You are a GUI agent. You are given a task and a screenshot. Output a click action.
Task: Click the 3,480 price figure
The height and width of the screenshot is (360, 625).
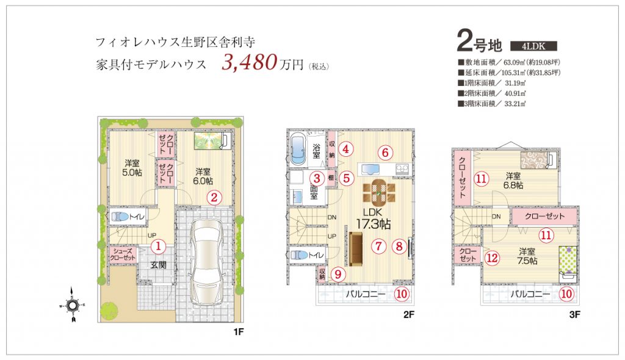(249, 62)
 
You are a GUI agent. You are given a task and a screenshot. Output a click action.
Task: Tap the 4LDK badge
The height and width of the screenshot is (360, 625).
(533, 46)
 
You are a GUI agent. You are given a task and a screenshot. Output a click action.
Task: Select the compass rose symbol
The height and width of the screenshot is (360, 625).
(72, 306)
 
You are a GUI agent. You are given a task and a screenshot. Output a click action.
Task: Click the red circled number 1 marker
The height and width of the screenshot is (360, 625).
(158, 247)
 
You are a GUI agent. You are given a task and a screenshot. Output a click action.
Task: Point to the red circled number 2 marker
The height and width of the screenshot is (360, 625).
(214, 197)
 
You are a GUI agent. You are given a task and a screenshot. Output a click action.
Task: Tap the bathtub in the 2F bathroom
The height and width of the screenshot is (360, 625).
(298, 149)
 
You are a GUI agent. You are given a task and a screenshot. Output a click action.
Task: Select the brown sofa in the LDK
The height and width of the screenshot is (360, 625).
(356, 249)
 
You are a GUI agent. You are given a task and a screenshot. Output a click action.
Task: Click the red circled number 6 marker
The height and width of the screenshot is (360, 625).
(385, 153)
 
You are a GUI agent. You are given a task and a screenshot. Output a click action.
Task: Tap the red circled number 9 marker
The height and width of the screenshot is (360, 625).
(338, 275)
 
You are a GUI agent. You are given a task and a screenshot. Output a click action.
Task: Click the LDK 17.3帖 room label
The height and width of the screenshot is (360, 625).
(373, 219)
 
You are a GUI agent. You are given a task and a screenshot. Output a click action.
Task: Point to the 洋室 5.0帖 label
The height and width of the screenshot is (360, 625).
(132, 168)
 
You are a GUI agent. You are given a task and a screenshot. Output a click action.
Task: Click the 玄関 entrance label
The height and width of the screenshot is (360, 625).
(158, 265)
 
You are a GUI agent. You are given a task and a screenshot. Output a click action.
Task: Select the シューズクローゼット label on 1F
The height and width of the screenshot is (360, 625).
(123, 254)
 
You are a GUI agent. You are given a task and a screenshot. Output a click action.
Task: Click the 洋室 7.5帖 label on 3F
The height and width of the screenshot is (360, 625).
(527, 256)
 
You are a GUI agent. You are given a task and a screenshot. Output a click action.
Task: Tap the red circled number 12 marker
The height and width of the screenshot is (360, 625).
(492, 258)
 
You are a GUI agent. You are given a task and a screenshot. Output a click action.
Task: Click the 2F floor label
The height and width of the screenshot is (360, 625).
(408, 315)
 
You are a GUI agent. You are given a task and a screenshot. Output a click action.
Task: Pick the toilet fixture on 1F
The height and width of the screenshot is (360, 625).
(120, 217)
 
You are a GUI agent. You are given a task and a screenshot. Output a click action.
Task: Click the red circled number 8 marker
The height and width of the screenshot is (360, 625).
(399, 247)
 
